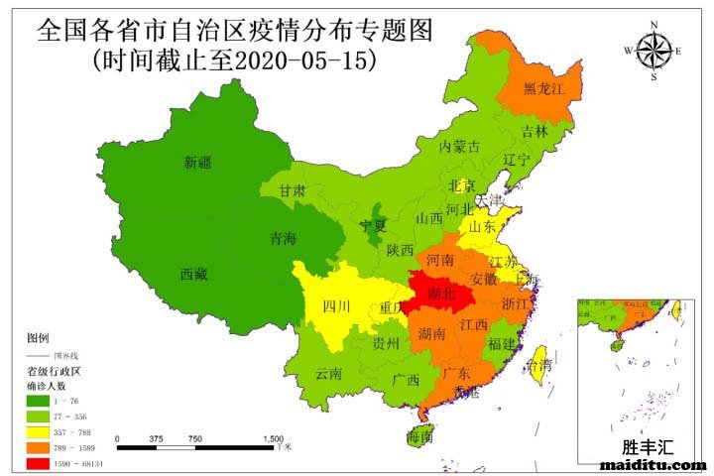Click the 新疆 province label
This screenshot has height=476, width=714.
point(198,163)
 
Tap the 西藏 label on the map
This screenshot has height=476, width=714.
point(194,274)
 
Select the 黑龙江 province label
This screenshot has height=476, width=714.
point(543,88)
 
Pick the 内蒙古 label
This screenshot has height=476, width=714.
point(460,147)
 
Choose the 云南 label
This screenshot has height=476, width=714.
point(328,374)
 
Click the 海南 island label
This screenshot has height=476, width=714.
point(418,437)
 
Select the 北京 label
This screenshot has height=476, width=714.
point(461,185)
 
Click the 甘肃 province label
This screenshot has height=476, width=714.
point(292,190)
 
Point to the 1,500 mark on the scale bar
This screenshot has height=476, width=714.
point(274,437)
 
